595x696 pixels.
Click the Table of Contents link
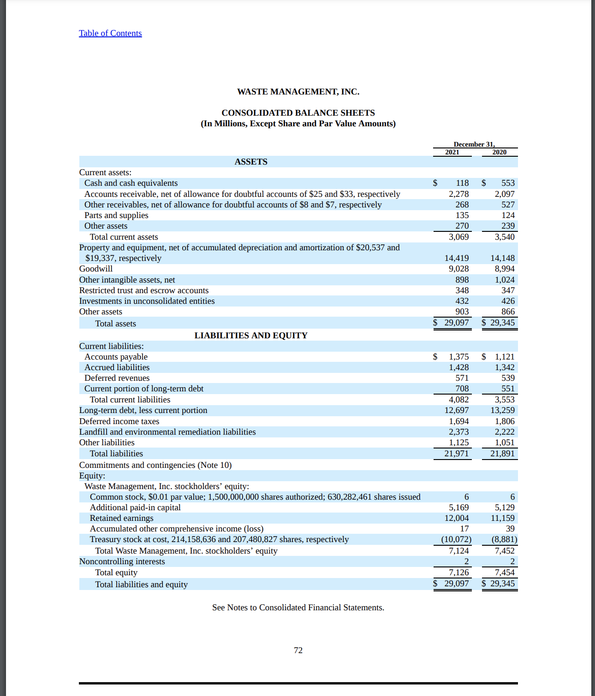pos(110,33)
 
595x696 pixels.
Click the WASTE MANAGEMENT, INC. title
pos(298,92)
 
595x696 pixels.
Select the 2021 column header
pos(452,152)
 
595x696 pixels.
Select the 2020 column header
pos(499,152)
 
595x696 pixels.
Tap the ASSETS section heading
pos(251,162)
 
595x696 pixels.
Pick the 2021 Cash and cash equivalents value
pos(462,183)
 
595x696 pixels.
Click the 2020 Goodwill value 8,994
pos(505,269)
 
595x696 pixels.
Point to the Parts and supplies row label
pos(116,215)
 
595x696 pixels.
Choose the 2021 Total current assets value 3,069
pos(458,237)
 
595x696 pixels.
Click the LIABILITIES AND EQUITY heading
pos(251,336)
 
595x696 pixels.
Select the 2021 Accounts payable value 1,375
pos(458,357)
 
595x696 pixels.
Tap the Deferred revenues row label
pos(117,378)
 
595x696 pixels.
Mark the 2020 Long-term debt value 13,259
pos(502,410)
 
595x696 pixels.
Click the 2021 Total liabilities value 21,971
pos(456,454)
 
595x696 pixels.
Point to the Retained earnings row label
pos(121,518)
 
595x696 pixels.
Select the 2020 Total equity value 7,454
pos(505,572)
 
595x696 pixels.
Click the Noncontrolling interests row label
pos(122,561)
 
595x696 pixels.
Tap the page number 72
pos(298,650)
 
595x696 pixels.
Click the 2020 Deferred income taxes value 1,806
pos(505,421)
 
